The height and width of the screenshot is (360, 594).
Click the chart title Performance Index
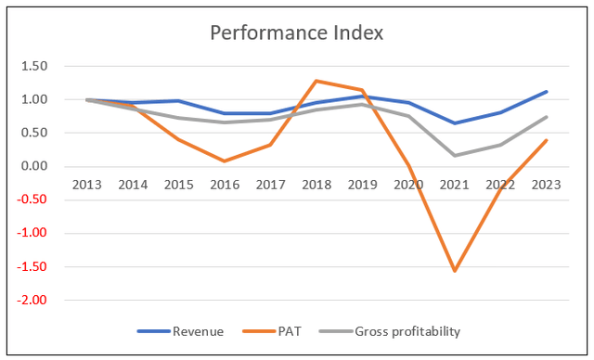point(297,33)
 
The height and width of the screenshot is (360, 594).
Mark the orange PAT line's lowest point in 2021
point(456,271)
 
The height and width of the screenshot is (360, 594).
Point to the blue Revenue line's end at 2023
point(548,92)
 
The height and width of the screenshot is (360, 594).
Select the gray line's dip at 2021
point(456,155)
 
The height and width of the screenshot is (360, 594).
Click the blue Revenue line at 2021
point(456,123)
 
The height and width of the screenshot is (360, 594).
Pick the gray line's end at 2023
point(548,117)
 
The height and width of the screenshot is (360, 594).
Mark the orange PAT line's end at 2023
point(548,140)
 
